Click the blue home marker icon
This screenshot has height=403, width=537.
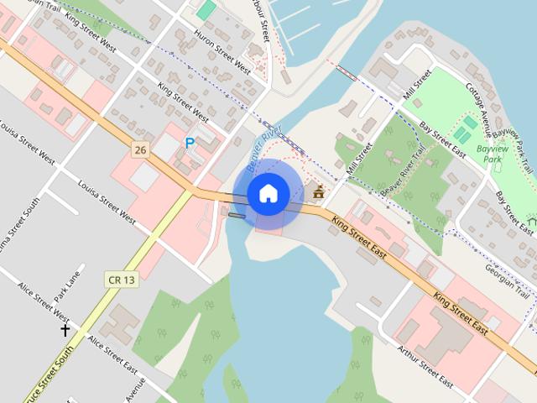(x=268, y=193)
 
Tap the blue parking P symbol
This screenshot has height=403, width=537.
(x=190, y=144)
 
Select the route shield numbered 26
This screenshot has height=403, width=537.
(x=140, y=150)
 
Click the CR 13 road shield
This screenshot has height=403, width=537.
(x=121, y=279)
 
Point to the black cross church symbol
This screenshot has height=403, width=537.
(x=65, y=330)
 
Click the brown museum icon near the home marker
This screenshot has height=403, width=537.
(x=319, y=193)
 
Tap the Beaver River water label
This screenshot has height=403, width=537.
(x=266, y=144)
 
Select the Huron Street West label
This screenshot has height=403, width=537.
(x=222, y=52)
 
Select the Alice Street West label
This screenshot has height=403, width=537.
(x=43, y=301)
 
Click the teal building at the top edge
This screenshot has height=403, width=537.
(x=206, y=9)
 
